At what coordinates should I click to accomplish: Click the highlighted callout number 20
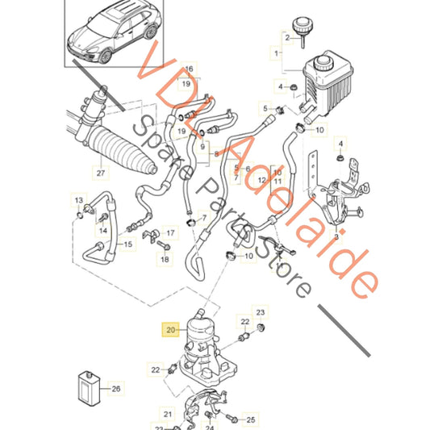[x=170, y=329]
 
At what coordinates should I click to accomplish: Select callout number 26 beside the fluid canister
[x=115, y=389]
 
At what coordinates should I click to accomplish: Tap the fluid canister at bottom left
[x=89, y=389]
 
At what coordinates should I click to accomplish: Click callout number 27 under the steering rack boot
[x=101, y=173]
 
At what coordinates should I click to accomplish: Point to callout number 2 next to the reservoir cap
[x=287, y=38]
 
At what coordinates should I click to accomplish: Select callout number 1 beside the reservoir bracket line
[x=277, y=53]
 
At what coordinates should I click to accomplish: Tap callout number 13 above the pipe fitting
[x=79, y=200]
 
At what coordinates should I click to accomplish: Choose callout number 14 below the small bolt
[x=103, y=231]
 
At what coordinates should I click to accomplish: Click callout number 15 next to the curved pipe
[x=128, y=244]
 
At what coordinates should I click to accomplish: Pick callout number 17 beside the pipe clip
[x=170, y=233]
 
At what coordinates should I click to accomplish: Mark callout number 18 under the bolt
[x=165, y=259]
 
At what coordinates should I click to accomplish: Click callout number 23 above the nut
[x=261, y=312]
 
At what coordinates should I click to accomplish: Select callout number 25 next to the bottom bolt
[x=251, y=420]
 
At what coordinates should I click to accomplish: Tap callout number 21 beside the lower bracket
[x=168, y=415]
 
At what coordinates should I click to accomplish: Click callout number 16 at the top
[x=189, y=69]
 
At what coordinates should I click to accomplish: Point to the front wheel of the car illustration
[x=106, y=56]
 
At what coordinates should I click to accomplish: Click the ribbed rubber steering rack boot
[x=122, y=149]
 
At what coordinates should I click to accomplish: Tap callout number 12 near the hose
[x=262, y=180]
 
